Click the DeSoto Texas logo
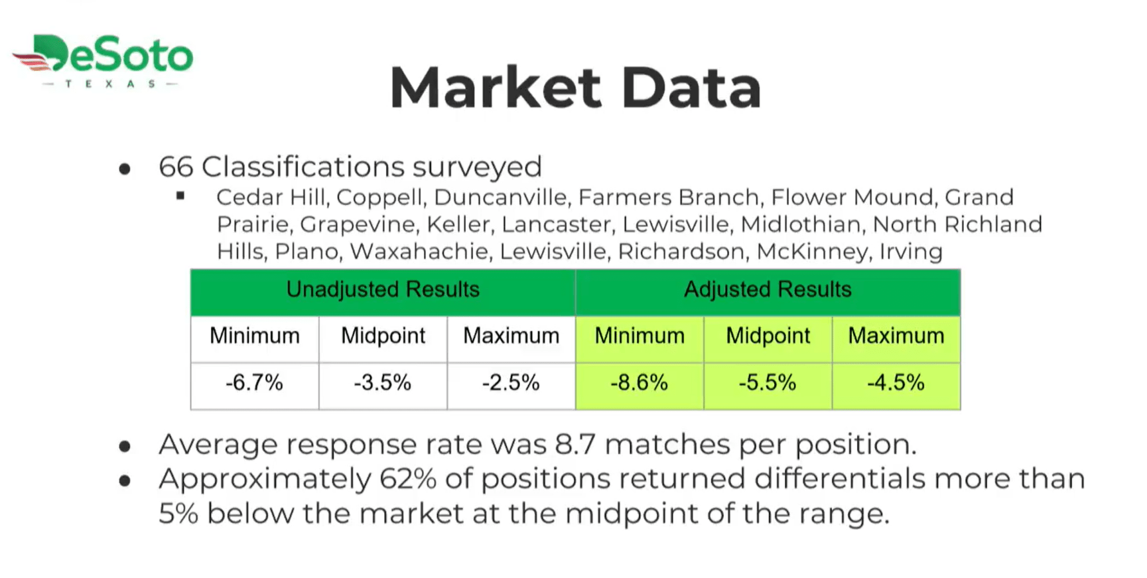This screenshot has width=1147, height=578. point(103,60)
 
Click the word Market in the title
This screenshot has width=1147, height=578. point(496,87)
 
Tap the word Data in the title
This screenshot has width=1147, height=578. point(692,87)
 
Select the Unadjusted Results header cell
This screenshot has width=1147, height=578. point(383,292)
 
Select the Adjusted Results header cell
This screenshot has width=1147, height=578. point(768,292)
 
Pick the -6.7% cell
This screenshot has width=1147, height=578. point(255,386)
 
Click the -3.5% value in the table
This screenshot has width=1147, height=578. point(383,383)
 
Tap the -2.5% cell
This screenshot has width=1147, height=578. point(511,386)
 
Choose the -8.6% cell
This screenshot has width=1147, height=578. point(640,386)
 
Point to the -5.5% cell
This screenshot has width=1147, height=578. point(768,386)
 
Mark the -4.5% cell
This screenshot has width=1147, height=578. point(896,386)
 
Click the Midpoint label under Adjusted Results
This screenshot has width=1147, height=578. point(768,336)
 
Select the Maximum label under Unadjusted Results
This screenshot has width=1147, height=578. point(511,336)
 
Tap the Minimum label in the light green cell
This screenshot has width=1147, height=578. point(640,336)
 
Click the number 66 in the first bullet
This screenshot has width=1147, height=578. point(176,167)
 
